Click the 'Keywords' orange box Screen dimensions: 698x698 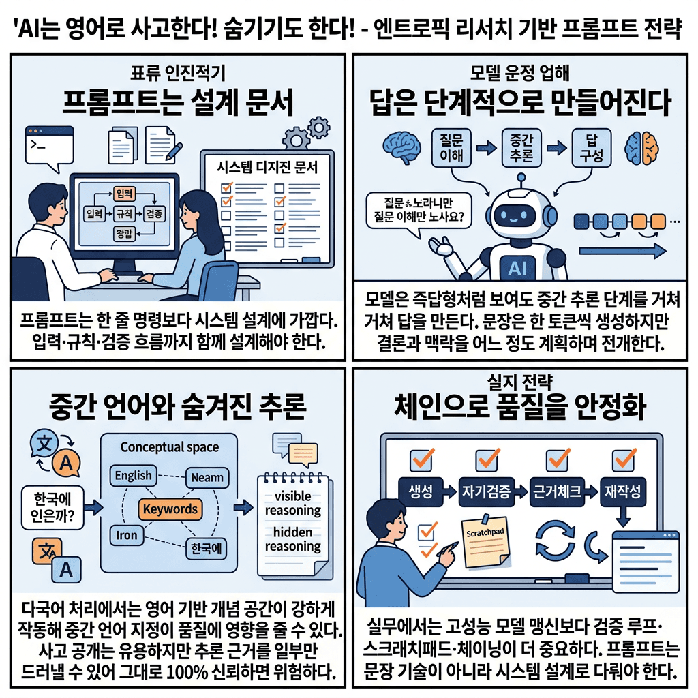[170, 509]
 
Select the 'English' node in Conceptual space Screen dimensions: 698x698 [134, 476]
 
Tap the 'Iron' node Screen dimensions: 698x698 [127, 535]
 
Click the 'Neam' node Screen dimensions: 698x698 [207, 477]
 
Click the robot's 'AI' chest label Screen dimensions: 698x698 [517, 269]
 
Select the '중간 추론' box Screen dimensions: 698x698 [521, 147]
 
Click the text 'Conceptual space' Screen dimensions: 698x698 [169, 447]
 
